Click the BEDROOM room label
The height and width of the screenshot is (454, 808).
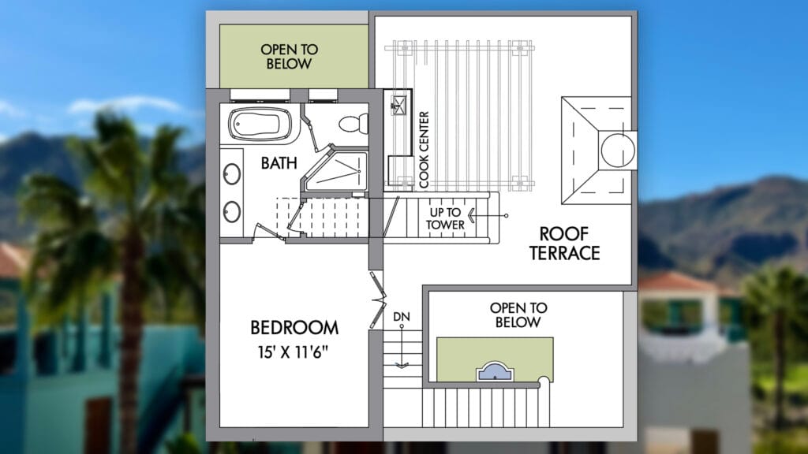pos(294,327)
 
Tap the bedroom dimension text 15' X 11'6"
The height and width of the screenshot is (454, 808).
pos(294,352)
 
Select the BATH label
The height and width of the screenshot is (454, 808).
pos(279,163)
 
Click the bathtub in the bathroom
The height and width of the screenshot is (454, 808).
pos(260,124)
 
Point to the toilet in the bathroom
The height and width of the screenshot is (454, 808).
pos(353,124)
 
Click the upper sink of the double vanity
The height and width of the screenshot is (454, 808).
pos(231,174)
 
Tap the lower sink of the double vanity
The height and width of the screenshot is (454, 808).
pos(231,211)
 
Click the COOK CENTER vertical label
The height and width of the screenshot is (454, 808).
pos(424,149)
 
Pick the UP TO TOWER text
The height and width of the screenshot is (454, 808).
pos(445,218)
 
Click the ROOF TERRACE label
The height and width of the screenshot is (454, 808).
pos(564,244)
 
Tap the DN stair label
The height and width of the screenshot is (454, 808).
pos(402,317)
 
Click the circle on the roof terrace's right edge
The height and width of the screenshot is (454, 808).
pos(618,150)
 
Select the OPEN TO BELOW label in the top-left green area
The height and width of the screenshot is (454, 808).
pos(289,57)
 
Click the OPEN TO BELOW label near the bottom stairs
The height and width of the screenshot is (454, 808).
pos(518,315)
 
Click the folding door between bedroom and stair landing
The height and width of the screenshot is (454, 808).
pos(378,300)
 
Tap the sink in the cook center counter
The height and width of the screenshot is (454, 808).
pos(398,105)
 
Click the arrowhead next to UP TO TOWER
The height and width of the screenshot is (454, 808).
pos(470,215)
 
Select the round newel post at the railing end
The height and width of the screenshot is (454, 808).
pos(544,381)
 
